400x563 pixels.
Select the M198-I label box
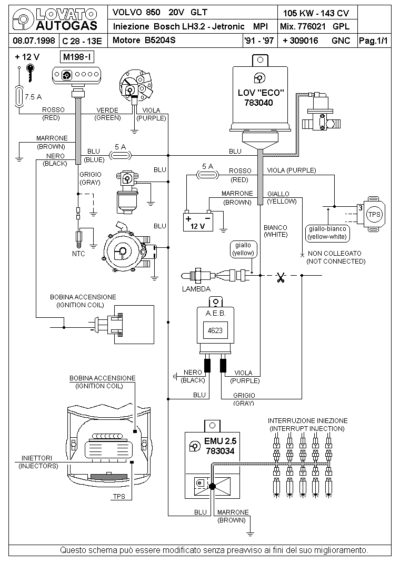point(77,57)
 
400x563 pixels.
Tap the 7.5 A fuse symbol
point(18,97)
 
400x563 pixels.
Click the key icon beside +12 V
point(31,73)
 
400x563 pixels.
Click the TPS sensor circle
point(374,214)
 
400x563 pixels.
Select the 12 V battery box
point(198,222)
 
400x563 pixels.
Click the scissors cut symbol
point(281,277)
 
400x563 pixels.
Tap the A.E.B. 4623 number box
point(215,330)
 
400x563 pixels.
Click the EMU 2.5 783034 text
point(221,446)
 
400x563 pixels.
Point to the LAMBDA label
point(196,289)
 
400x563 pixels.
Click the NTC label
point(78,254)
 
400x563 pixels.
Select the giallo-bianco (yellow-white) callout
point(327,233)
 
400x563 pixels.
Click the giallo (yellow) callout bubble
point(243,249)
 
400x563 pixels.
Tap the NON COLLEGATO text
point(335,253)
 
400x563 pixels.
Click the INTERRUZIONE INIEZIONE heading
point(308,420)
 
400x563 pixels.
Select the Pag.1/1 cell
point(374,41)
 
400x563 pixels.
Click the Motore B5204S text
point(144,40)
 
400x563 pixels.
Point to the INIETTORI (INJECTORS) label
point(38,462)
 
